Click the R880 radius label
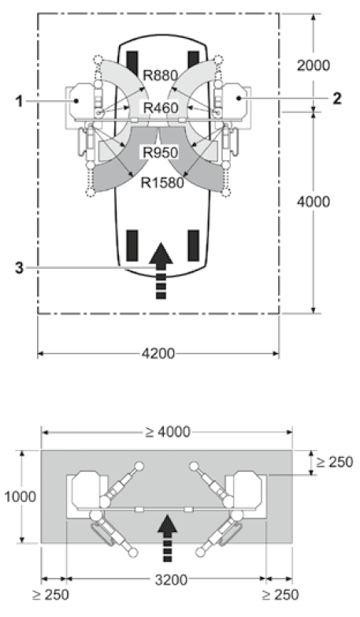click(x=160, y=75)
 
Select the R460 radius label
click(x=161, y=107)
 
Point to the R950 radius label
click(x=160, y=152)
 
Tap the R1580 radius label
click(x=162, y=183)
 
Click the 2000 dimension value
click(x=314, y=65)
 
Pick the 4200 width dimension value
click(x=158, y=353)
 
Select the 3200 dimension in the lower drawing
click(x=171, y=580)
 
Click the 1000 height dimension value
click(x=20, y=497)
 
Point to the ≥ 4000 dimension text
click(x=167, y=432)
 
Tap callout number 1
click(x=19, y=102)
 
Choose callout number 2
click(x=337, y=98)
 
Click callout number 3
click(x=19, y=269)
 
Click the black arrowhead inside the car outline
click(x=161, y=254)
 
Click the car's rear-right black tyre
click(x=193, y=246)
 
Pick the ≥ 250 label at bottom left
click(x=50, y=595)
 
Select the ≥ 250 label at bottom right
click(x=280, y=595)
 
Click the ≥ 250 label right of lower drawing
click(x=335, y=462)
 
